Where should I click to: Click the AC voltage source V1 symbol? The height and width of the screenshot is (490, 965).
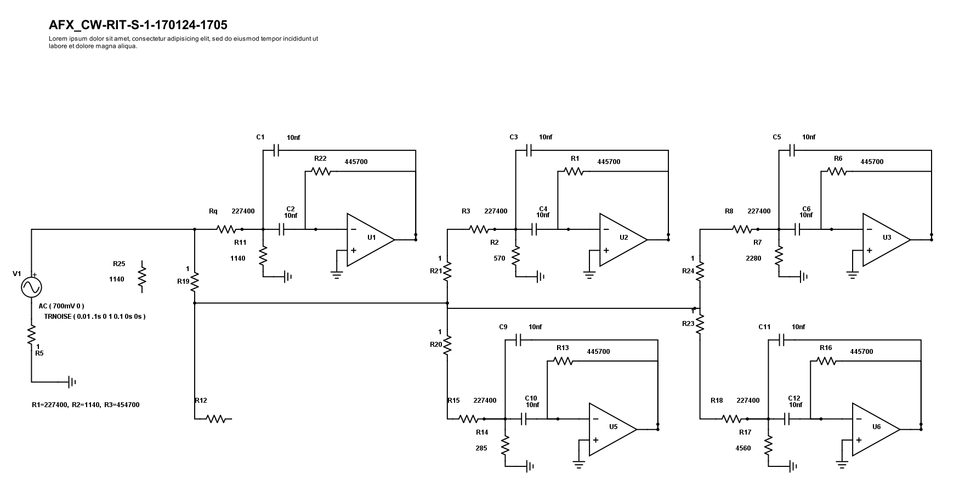[x=31, y=287]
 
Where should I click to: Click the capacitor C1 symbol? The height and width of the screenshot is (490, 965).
[x=277, y=150]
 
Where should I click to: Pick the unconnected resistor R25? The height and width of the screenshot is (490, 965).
[x=142, y=277]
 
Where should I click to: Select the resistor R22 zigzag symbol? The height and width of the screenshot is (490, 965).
[x=321, y=171]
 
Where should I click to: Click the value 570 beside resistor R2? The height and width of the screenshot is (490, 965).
[x=499, y=258]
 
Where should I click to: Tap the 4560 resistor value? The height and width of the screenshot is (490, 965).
[x=743, y=448]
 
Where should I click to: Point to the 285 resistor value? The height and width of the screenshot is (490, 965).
[x=481, y=448]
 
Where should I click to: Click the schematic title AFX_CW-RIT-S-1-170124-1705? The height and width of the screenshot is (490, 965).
[x=138, y=25]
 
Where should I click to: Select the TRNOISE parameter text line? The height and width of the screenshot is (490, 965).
[x=95, y=317]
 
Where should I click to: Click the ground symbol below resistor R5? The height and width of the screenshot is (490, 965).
[x=72, y=381]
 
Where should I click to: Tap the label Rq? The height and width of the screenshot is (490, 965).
[x=213, y=211]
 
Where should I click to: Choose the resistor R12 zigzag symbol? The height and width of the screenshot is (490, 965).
[x=217, y=419]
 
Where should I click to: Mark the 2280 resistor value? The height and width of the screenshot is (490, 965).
[x=753, y=258]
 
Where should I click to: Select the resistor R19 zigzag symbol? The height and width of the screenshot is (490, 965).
[x=195, y=281]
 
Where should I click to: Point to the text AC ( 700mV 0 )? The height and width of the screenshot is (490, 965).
[x=61, y=306]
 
